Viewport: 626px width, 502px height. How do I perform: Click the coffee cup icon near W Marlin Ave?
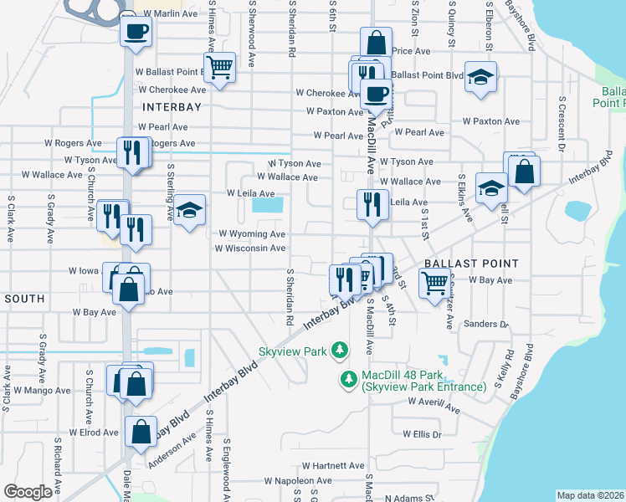coord(135,33)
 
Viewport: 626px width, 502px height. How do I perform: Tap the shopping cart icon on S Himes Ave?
coord(219,66)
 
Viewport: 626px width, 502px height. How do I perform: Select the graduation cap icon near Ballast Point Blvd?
coord(480,78)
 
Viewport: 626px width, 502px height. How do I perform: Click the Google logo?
coord(28,492)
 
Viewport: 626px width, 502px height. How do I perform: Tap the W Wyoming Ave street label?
coord(252,234)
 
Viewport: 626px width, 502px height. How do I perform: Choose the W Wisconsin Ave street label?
coord(250,248)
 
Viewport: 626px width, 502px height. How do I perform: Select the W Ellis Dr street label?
coord(421,434)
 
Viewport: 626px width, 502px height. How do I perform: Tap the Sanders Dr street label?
coord(485,324)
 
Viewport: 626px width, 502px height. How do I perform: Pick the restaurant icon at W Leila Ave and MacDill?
coord(371,203)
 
